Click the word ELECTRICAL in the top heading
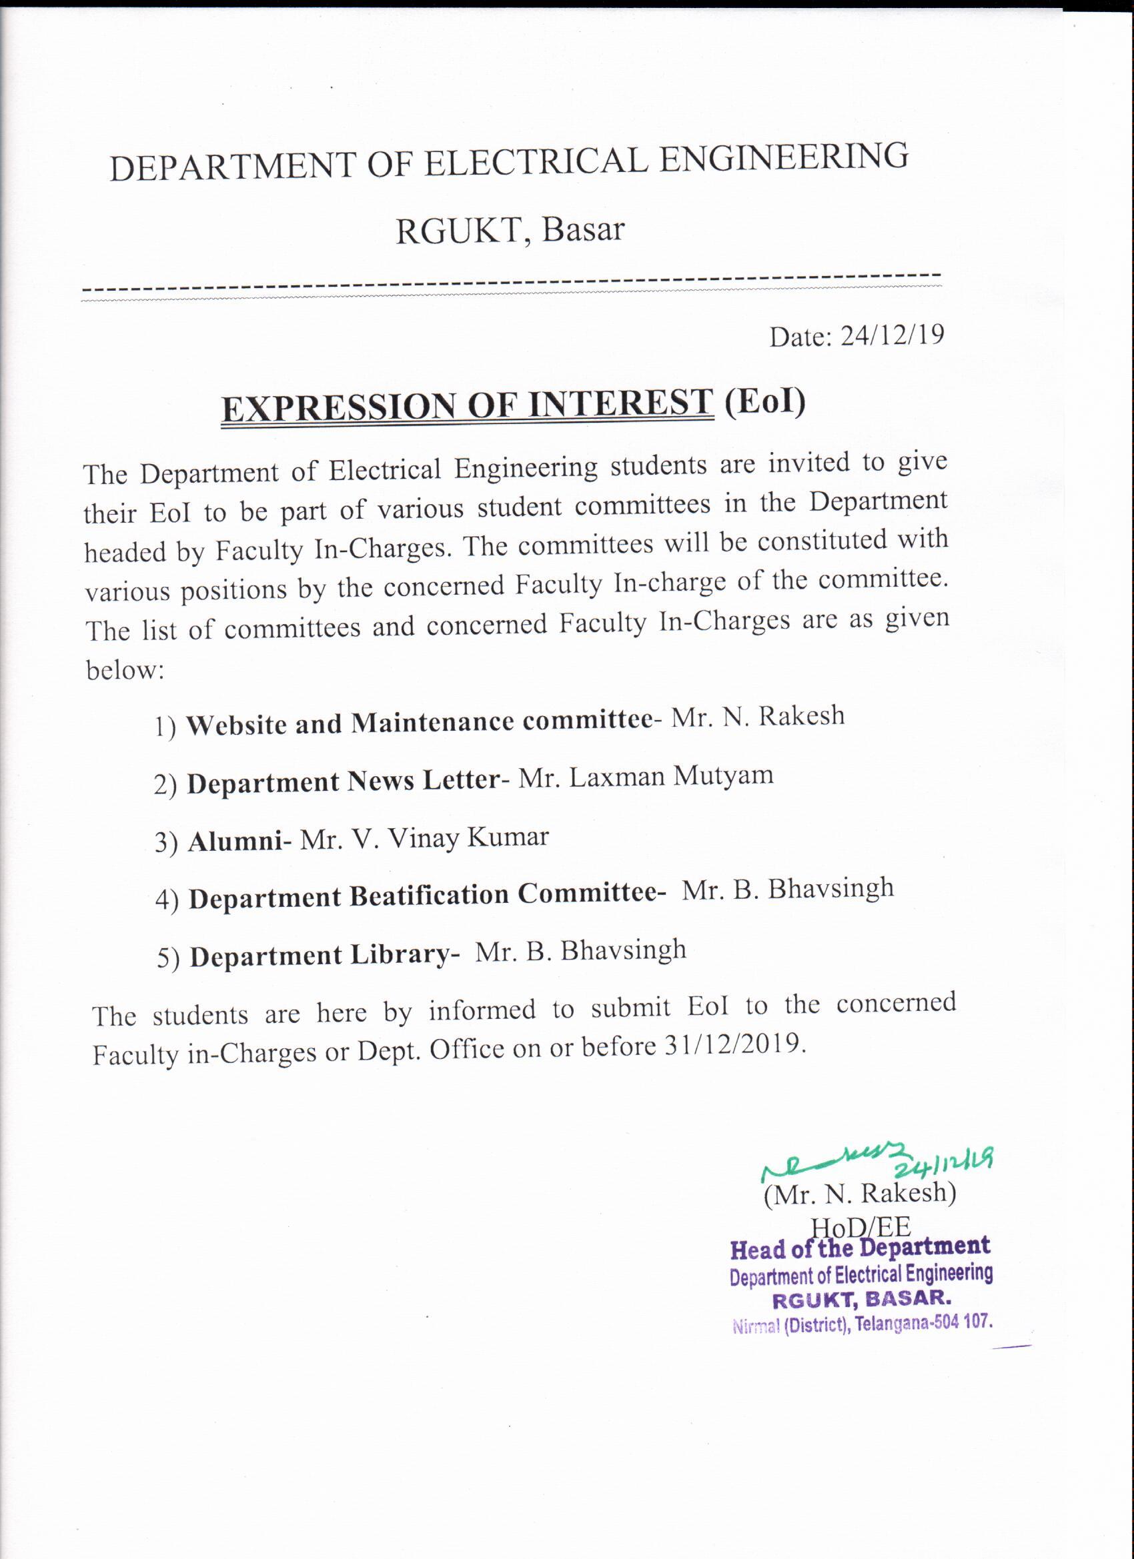click(x=536, y=163)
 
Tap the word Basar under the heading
click(x=582, y=230)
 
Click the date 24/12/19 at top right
click(x=893, y=335)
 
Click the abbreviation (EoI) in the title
click(x=764, y=401)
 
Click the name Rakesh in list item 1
click(x=802, y=716)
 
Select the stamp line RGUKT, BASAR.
click(x=862, y=1299)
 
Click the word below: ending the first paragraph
click(x=125, y=670)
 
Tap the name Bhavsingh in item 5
click(x=624, y=951)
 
